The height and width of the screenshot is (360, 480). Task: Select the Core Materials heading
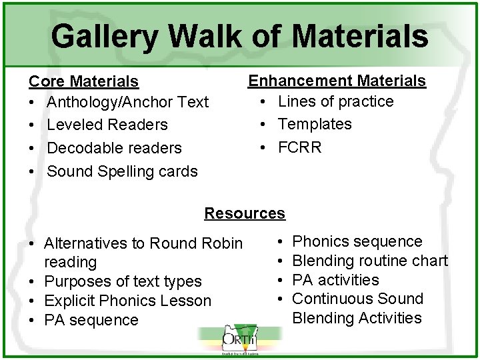[x=83, y=81]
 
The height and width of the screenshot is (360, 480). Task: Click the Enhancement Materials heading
[x=337, y=81]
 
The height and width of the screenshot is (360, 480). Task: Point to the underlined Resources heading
[x=245, y=213]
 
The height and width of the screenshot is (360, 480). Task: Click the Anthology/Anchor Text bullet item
[x=127, y=102]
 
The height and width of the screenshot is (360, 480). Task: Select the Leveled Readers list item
[x=107, y=125]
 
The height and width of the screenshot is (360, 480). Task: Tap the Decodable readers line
[x=114, y=147]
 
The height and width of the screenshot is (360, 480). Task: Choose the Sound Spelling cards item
[x=122, y=171]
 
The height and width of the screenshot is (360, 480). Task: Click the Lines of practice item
[x=335, y=101]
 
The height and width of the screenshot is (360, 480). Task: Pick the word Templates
[x=315, y=124]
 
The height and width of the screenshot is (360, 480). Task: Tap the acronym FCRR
[x=299, y=147]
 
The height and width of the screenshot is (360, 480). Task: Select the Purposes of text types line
[x=123, y=281]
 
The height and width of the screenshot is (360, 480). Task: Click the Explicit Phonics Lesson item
[x=127, y=301]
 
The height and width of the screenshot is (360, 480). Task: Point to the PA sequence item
[x=91, y=320]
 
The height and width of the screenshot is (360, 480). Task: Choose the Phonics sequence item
[x=357, y=241]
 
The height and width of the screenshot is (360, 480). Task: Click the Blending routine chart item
[x=370, y=261]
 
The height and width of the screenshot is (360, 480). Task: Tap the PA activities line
[x=335, y=280]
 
